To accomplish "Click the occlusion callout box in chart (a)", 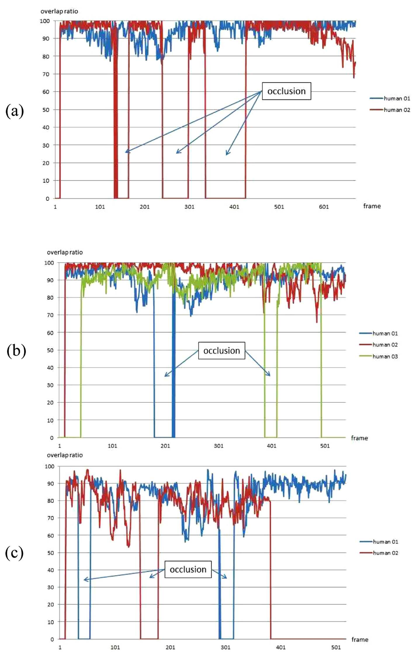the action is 286,91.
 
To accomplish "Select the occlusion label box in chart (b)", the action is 221,350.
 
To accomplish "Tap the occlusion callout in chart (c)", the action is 188,569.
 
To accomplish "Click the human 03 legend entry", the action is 379,356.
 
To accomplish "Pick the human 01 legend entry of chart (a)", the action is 390,99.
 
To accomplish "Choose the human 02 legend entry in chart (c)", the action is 379,553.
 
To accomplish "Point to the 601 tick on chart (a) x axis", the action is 324,207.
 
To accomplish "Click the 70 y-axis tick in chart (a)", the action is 46,74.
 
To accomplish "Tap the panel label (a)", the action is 15,111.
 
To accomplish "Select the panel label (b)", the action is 16,350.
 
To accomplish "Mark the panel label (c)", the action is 14,553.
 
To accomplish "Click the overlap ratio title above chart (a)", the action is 59,11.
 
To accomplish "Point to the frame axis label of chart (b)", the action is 359,438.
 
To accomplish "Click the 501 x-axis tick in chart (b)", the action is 325,446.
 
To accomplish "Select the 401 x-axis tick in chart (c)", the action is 281,647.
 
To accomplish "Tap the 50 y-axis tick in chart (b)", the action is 50,350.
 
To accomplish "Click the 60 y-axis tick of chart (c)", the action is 51,536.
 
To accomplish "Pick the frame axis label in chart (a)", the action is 372,206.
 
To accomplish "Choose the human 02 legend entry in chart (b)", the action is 379,345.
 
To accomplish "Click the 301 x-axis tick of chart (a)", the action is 189,207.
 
